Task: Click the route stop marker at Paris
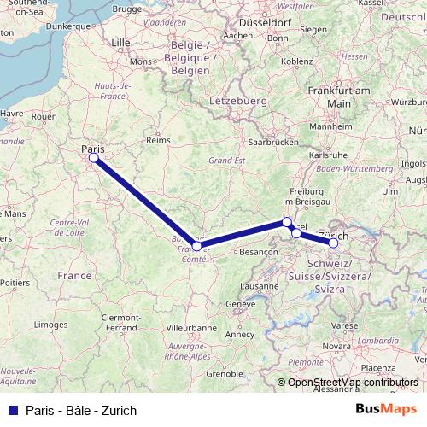click(x=93, y=157)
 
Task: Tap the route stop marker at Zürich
click(x=334, y=243)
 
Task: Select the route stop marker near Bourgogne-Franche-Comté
click(x=197, y=246)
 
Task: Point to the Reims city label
click(x=159, y=140)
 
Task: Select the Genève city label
click(x=240, y=304)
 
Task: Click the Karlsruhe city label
click(x=327, y=155)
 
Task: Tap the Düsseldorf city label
click(x=266, y=23)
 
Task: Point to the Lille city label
click(x=121, y=41)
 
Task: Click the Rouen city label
click(x=44, y=116)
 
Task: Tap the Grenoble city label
click(x=225, y=373)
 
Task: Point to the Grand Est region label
click(x=227, y=160)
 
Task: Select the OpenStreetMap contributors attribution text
click(x=353, y=383)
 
